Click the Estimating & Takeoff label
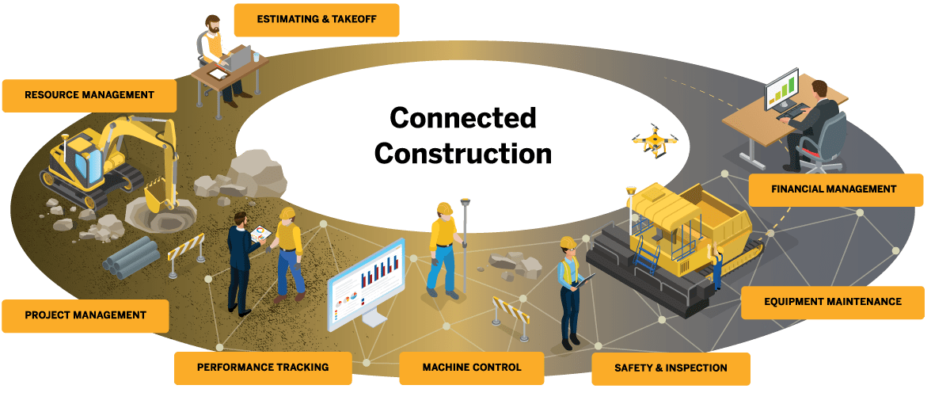point(316,20)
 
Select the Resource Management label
point(89,95)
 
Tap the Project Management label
point(85,315)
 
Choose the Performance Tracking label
point(263,368)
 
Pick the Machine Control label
point(472,368)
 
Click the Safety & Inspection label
point(671,368)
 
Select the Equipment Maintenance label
point(832,302)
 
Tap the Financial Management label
point(834,189)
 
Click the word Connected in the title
point(463,119)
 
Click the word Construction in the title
point(463,153)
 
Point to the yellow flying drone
point(654,142)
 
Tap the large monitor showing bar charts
point(367,282)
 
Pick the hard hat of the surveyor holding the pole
point(444,208)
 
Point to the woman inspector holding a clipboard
point(570,293)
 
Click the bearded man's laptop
point(240,57)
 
